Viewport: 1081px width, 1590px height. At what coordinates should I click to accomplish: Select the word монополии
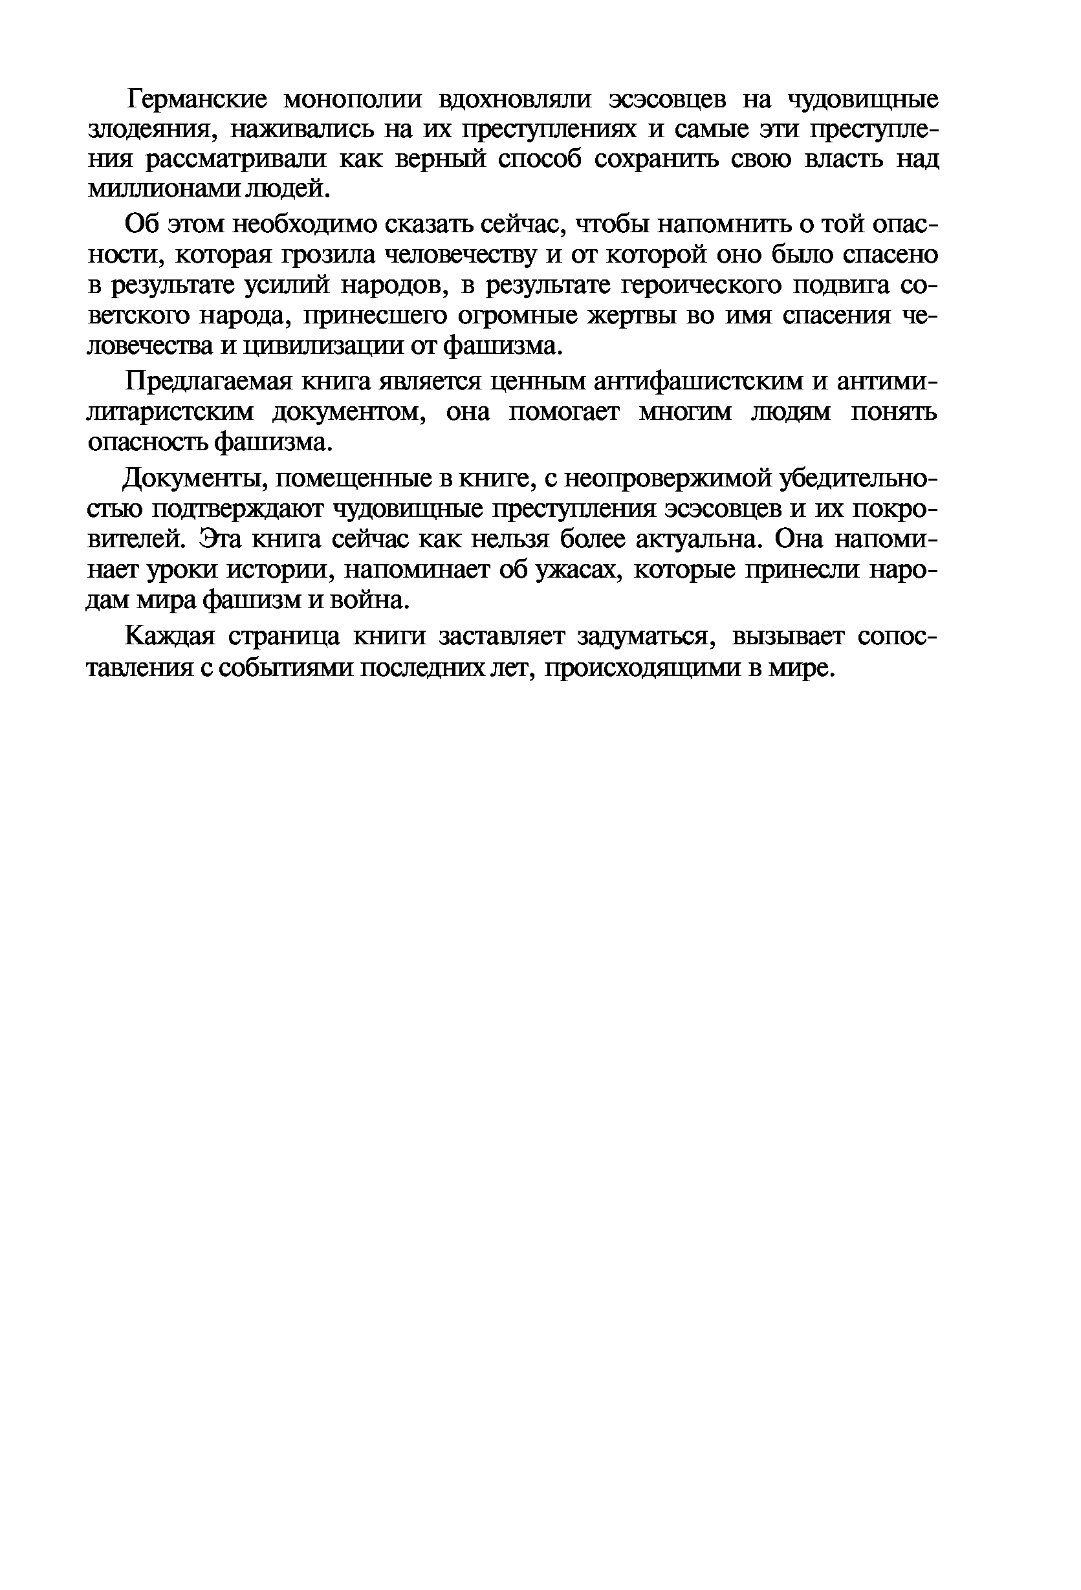tap(352, 100)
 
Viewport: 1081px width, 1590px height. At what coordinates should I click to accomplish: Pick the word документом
tap(348, 413)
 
